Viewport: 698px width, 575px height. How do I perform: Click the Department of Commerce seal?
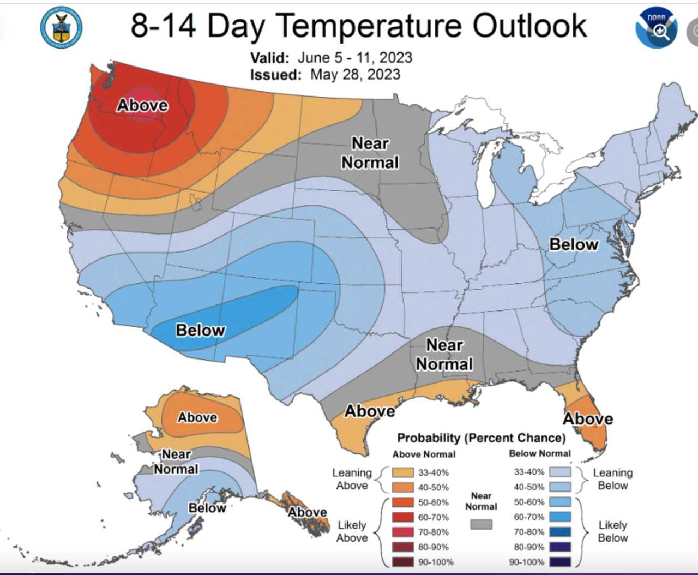[x=61, y=27]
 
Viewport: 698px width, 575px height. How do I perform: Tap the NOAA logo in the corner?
[x=656, y=27]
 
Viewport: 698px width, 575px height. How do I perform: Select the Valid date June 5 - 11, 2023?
[x=354, y=57]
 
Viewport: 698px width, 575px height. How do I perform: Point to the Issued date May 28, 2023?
[x=355, y=74]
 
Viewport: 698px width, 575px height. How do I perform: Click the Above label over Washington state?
[x=142, y=105]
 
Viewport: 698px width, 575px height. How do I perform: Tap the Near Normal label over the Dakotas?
[x=370, y=153]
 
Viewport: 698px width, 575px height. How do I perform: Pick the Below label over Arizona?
[x=200, y=330]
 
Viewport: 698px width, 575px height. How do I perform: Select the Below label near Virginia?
[x=574, y=244]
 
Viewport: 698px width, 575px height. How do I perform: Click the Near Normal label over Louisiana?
[x=444, y=355]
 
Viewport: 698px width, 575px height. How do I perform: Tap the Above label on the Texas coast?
[x=370, y=411]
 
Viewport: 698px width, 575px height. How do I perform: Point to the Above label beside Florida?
[x=588, y=419]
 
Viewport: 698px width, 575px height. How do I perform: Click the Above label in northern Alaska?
[x=197, y=417]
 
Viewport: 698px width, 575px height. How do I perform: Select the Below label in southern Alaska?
[x=207, y=508]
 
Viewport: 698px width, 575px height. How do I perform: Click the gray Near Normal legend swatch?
[x=481, y=524]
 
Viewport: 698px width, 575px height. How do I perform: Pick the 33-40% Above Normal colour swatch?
[x=403, y=472]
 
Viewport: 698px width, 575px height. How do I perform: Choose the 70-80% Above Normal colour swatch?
[x=403, y=532]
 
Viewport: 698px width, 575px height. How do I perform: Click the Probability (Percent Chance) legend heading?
[x=481, y=438]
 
